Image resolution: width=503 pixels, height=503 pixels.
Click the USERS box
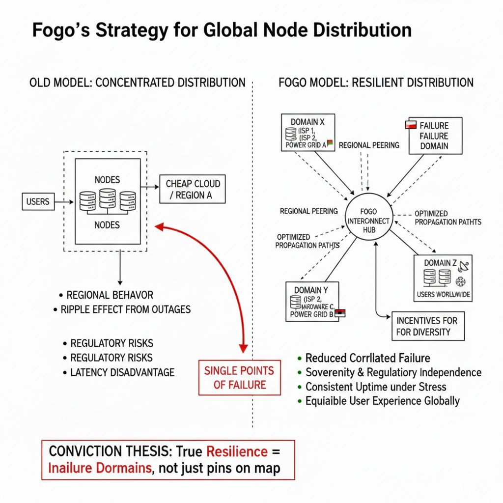38,201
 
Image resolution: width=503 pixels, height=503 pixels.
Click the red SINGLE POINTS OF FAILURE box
239,377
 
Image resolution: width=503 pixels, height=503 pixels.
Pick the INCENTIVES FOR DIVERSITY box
427,326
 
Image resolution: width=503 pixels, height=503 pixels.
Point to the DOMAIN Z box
443,278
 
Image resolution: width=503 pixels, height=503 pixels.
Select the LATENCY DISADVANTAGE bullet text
122,372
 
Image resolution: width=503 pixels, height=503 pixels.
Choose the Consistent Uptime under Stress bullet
376,387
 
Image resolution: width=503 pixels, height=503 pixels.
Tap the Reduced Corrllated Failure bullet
367,358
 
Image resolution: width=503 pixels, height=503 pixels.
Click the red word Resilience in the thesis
237,451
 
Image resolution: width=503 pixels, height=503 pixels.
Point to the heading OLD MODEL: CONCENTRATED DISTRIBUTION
138,82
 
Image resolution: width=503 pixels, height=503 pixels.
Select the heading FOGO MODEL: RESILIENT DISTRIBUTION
376,82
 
